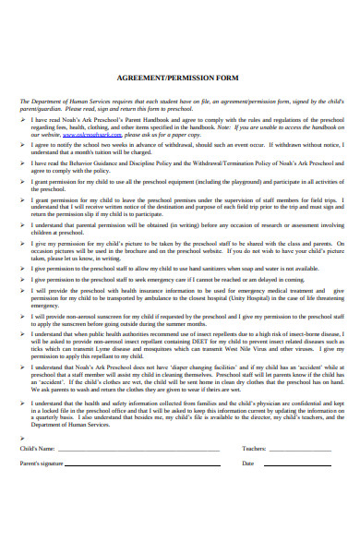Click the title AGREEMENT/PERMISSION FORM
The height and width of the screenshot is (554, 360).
coord(180,79)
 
